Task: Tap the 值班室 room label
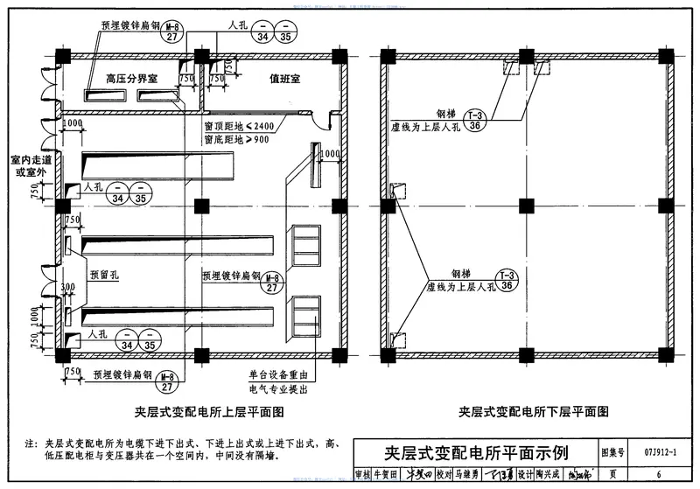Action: pos(284,79)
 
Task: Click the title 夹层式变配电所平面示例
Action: pos(477,454)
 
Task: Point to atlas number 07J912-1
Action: pos(660,453)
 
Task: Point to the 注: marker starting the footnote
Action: pos(31,444)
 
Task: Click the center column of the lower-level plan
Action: pos(526,206)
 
